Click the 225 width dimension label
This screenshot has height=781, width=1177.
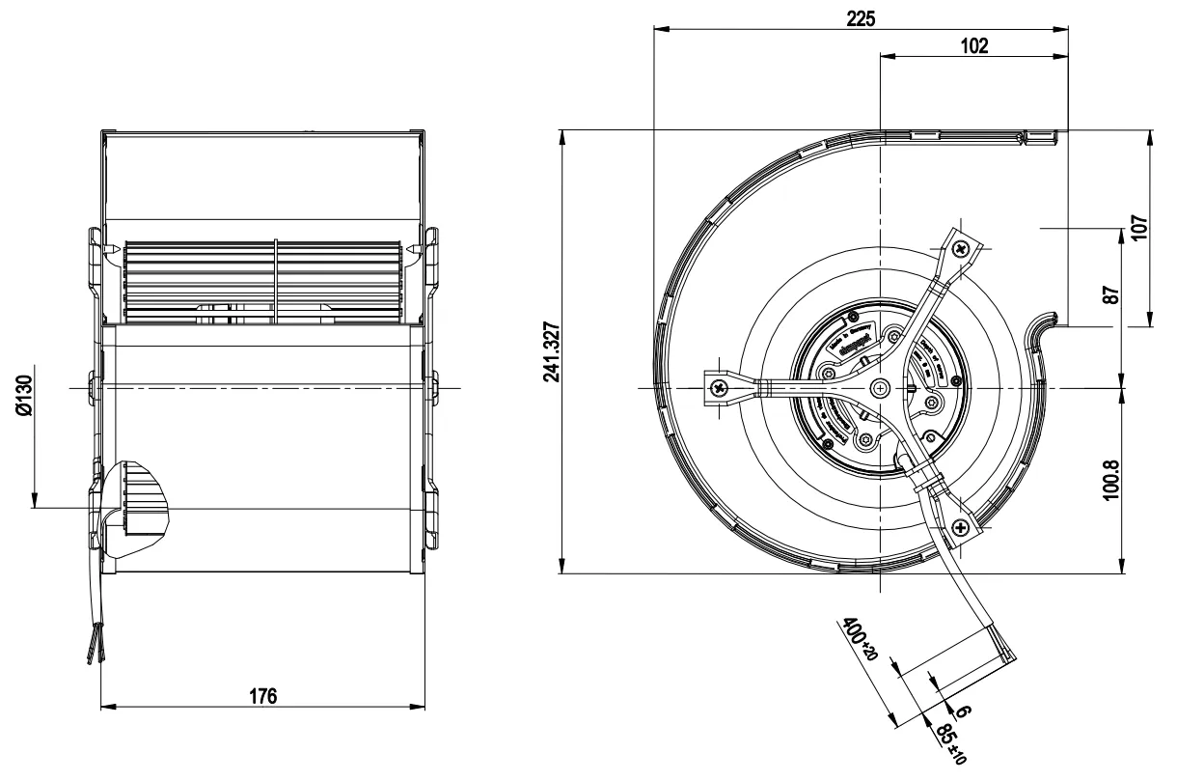click(x=862, y=16)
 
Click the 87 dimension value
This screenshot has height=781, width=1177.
click(x=1112, y=294)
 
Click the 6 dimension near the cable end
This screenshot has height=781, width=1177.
click(x=961, y=711)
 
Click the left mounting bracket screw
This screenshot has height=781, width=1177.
click(x=720, y=388)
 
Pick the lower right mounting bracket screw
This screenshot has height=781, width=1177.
click(x=961, y=526)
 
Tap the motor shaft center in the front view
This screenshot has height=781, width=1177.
click(x=880, y=388)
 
